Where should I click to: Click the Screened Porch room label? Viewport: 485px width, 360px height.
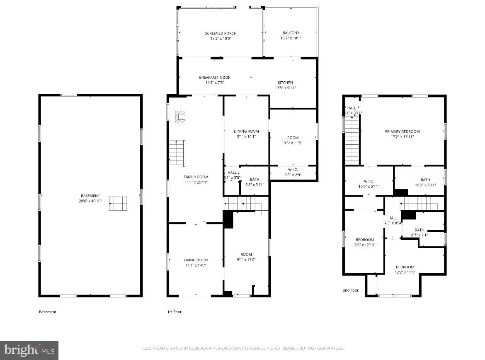click(221, 33)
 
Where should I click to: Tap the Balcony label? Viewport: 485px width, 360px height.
click(291, 33)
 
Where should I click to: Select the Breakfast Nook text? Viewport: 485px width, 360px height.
click(214, 78)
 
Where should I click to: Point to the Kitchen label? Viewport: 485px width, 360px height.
click(285, 83)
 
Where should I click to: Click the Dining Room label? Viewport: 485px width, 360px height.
click(246, 131)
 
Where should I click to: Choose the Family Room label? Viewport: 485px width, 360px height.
click(196, 177)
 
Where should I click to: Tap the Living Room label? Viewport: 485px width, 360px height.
click(196, 260)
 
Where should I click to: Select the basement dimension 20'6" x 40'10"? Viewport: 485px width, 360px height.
click(90, 201)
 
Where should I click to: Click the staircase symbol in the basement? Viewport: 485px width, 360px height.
click(118, 203)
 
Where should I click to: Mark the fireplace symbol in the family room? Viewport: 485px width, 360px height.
click(180, 117)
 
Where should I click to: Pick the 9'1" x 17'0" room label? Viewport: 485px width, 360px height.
click(246, 257)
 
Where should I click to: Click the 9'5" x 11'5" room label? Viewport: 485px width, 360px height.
click(293, 140)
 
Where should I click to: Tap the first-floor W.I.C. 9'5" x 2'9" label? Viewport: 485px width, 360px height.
click(293, 172)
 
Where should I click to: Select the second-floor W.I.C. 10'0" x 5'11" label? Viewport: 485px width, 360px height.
click(369, 184)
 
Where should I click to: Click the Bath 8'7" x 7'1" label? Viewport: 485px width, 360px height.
click(419, 232)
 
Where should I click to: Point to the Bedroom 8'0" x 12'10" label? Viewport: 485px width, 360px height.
click(365, 242)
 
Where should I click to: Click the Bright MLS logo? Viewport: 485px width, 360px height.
click(29, 350)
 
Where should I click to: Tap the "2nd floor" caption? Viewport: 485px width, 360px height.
click(350, 290)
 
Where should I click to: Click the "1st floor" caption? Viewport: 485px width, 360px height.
click(175, 312)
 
